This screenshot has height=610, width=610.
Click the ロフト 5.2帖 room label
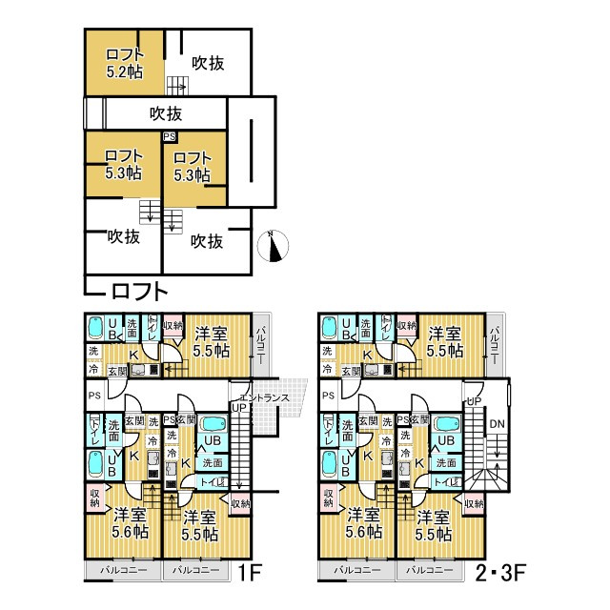125,63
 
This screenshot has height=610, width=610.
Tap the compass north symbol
274,246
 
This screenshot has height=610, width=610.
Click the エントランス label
258,396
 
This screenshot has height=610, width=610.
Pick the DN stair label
496,424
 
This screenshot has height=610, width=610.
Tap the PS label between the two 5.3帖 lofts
170,137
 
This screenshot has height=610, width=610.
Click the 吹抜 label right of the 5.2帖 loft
208,64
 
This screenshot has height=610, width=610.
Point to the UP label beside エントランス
239,407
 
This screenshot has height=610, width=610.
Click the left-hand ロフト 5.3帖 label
124,165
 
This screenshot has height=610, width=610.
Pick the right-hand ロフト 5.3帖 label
193,166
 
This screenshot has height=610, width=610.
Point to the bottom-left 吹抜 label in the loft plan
124,235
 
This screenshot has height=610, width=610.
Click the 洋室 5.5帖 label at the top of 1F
211,341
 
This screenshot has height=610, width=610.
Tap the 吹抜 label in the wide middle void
166,114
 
